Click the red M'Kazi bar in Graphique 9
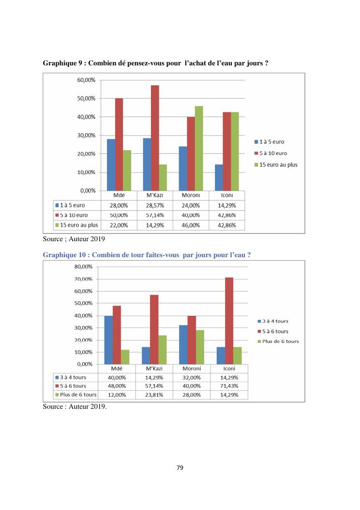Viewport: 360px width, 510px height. pyautogui.click(x=155, y=138)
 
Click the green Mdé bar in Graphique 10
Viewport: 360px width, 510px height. pyautogui.click(x=125, y=357)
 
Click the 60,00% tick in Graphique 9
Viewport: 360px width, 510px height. pyautogui.click(x=87, y=80)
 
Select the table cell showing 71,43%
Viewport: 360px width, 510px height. pyautogui.click(x=229, y=386)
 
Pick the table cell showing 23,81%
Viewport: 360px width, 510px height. pyautogui.click(x=154, y=395)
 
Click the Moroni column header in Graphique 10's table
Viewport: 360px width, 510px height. pyautogui.click(x=192, y=369)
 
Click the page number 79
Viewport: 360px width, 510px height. pyautogui.click(x=180, y=467)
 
